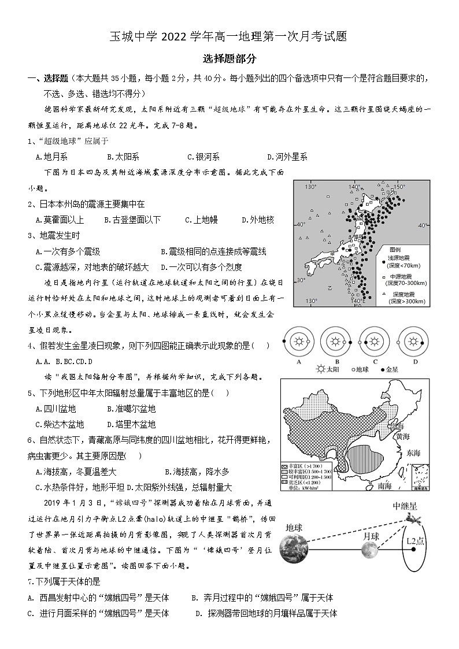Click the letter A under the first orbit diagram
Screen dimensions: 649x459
tap(299, 362)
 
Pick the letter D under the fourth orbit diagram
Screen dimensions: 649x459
tap(415, 362)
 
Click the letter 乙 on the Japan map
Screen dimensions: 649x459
tap(329, 287)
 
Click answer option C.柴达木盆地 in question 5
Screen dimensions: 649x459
tap(60, 424)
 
